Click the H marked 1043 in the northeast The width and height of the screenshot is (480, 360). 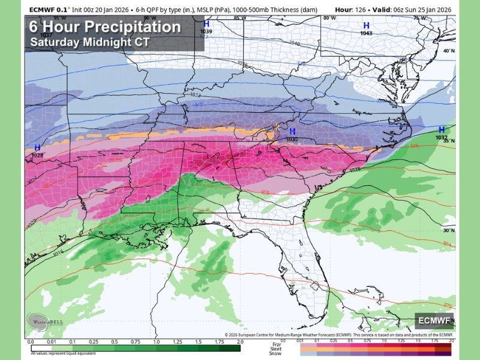[x=365, y=25]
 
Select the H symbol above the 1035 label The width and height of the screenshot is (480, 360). [x=292, y=131]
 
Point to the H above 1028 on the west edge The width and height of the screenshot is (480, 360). [x=37, y=148]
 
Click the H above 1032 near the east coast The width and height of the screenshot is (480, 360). [x=442, y=130]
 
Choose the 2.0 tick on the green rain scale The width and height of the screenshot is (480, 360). [x=240, y=341]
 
